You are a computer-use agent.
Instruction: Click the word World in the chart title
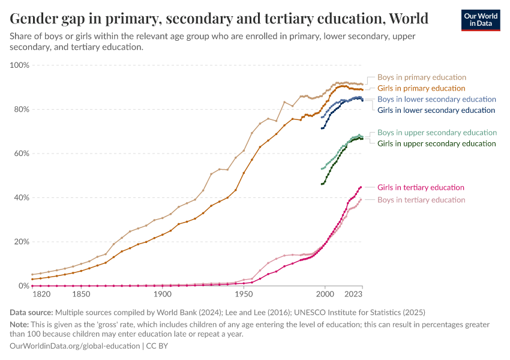coord(408,19)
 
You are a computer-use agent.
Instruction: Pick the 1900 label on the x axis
coord(162,295)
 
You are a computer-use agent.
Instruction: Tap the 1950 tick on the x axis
coord(244,295)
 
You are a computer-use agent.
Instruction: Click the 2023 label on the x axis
coord(353,295)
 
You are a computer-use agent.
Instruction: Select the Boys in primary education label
coord(421,77)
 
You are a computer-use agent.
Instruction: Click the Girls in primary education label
coord(421,88)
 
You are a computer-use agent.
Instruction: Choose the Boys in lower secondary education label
coord(436,99)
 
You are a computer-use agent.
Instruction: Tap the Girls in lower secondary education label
coord(436,110)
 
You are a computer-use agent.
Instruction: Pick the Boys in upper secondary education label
coord(437,133)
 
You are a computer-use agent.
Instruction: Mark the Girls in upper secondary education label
coord(437,143)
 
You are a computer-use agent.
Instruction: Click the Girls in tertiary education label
coord(421,188)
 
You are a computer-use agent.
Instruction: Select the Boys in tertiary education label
coord(421,200)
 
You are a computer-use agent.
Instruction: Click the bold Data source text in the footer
coord(31,312)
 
